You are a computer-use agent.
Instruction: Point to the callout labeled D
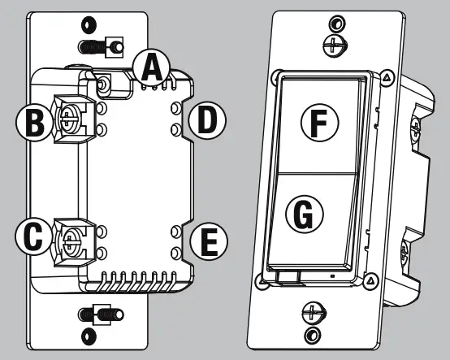(x=207, y=122)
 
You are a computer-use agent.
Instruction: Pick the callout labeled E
(x=207, y=241)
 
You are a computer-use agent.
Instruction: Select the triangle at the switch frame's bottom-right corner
(x=371, y=279)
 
